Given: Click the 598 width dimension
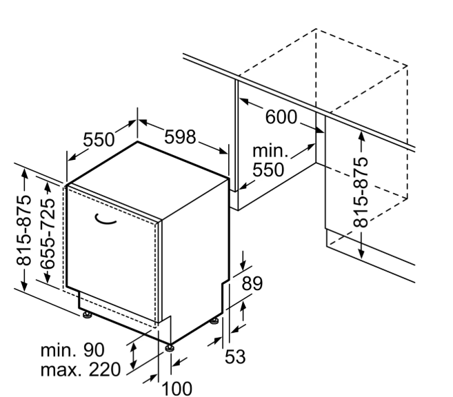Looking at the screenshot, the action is [180, 137].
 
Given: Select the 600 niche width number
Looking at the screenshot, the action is [281, 117].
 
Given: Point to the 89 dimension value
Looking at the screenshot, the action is [252, 283].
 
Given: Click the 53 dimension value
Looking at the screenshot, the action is [235, 356].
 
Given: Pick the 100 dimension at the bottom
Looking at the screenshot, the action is [177, 389].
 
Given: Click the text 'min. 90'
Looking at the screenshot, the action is [72, 350].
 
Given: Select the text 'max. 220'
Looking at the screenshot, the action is [80, 369].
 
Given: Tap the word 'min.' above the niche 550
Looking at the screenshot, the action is [270, 151].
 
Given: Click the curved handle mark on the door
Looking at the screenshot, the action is [105, 220].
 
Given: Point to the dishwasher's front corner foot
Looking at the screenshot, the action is [170, 347].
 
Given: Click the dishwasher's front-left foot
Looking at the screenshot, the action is [87, 315].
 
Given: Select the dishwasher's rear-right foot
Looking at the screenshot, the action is [214, 320].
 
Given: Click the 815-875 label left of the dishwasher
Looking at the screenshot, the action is [23, 230].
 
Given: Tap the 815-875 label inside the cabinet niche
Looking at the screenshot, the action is [361, 192].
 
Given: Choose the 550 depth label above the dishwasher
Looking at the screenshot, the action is [99, 139].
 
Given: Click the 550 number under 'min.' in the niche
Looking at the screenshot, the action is [268, 170].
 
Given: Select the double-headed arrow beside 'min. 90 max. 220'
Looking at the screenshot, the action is [133, 356].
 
